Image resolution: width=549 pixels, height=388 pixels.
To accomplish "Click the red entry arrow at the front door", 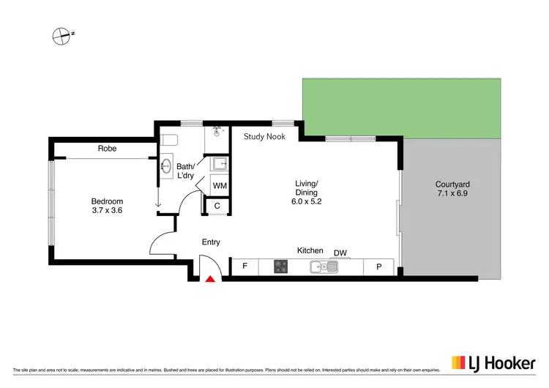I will pos(211,277).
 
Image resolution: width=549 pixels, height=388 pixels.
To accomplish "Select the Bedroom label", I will pos(107,201).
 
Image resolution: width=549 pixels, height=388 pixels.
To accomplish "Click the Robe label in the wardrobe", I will pos(107,149).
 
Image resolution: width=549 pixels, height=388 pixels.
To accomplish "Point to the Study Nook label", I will pos(264,136).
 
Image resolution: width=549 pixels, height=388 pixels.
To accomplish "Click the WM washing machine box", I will pos(220,186).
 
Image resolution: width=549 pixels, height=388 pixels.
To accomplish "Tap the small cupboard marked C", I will pos(217,206).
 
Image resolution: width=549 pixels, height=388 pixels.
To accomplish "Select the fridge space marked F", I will pos(244,267).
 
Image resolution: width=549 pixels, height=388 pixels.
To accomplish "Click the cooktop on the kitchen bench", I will pos(282,267).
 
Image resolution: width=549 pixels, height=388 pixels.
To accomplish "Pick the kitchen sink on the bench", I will pos(323,267).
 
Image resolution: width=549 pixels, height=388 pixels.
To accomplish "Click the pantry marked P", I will pos(379,267).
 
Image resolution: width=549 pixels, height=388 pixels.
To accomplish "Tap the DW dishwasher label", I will pos(340,253).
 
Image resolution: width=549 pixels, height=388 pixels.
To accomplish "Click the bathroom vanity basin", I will pos(166,165).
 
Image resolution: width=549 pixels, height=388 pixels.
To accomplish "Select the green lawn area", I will pos(401,106).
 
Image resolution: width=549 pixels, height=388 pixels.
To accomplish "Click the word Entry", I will pos(211,242).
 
